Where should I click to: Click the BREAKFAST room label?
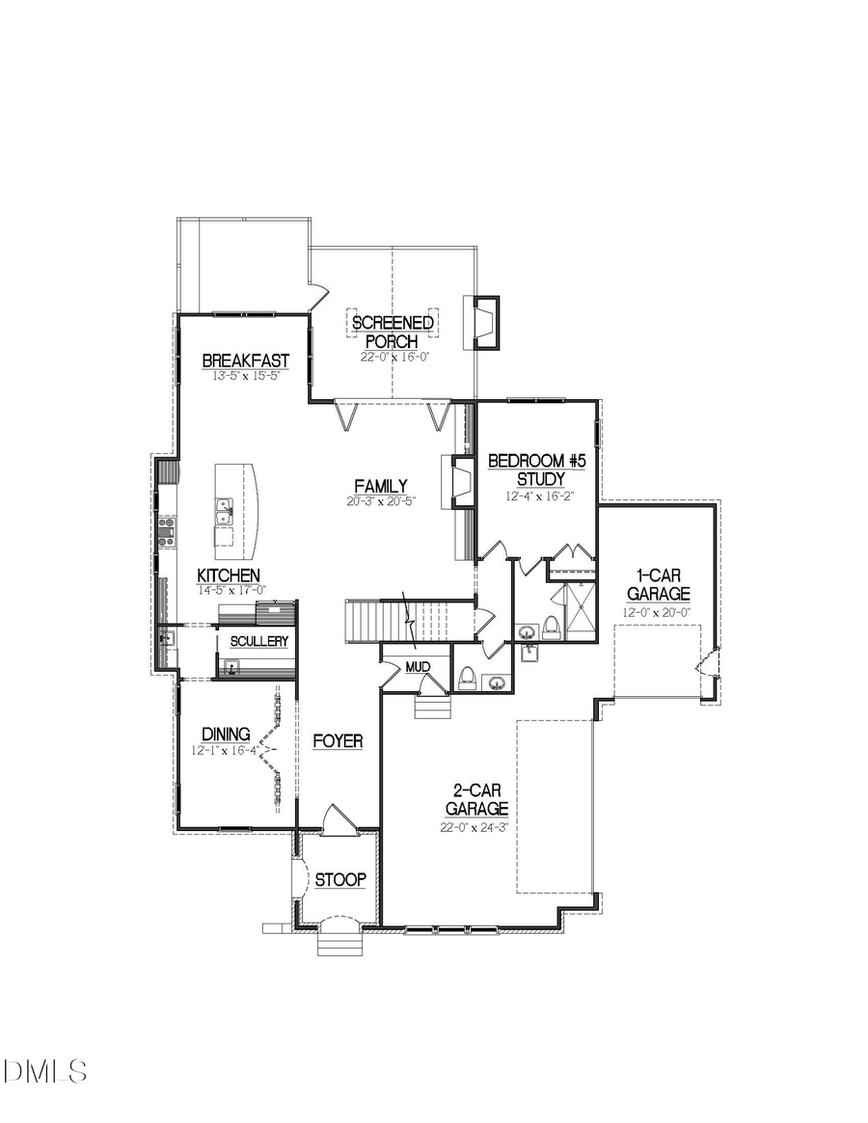tap(245, 361)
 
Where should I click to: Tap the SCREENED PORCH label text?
tap(392, 332)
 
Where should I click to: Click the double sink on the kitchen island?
tap(224, 511)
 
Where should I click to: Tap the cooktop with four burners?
tap(166, 531)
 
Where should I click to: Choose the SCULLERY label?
tap(258, 641)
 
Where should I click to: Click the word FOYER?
tap(338, 740)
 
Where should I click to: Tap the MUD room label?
tap(417, 666)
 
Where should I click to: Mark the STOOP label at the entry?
tap(340, 879)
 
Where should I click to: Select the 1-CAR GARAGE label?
tap(658, 584)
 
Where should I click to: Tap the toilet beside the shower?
tap(552, 628)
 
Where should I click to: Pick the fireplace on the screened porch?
tap(483, 321)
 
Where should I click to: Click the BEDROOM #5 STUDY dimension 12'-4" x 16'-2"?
tap(537, 496)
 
